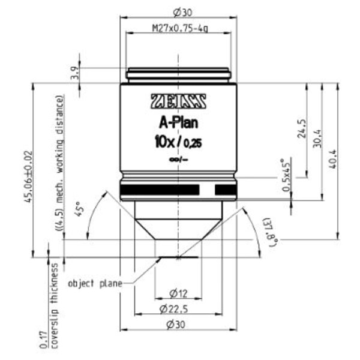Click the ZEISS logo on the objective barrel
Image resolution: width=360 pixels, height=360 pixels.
(x=179, y=101)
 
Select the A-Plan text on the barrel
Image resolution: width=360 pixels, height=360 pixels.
(x=179, y=124)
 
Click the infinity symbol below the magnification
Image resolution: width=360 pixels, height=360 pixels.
(x=179, y=160)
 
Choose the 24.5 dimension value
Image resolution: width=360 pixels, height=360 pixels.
(x=302, y=130)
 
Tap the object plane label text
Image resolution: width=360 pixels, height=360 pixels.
(x=95, y=283)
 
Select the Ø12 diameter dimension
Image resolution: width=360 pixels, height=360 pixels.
(x=179, y=293)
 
